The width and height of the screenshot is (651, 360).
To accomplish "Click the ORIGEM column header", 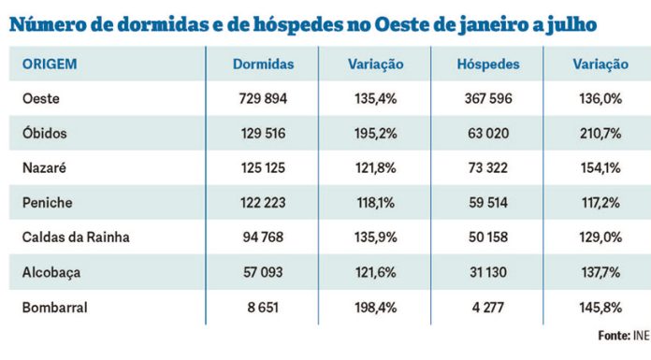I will (49, 65).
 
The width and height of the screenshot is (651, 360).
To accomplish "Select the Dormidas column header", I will (263, 65).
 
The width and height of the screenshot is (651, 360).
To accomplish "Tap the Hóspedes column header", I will (487, 65).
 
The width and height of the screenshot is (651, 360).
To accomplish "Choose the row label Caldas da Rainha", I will (76, 237).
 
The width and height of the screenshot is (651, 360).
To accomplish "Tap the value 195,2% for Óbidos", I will (374, 133).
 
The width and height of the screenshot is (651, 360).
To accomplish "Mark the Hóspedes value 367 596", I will (487, 98).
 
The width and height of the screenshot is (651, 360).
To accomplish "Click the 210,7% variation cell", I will (599, 133).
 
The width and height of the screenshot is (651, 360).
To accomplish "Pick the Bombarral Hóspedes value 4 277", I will (487, 306).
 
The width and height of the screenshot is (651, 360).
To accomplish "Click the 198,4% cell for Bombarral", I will (374, 306).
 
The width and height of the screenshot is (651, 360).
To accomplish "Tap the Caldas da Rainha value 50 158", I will (487, 237).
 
